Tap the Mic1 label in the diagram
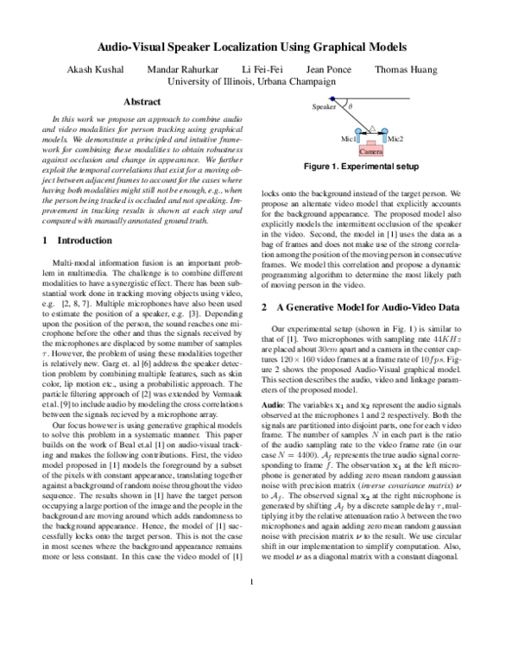350,138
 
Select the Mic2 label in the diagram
395,138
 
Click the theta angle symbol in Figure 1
351,108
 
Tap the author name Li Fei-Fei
259,67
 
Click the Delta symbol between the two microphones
372,130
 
